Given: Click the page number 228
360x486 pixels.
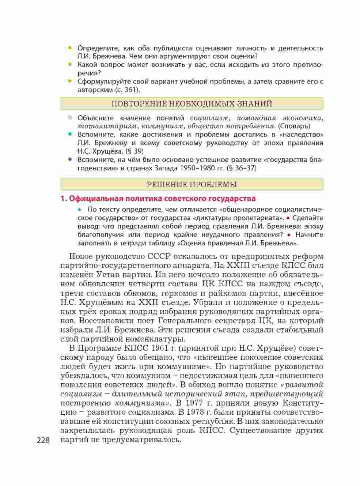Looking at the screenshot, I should pos(43,440).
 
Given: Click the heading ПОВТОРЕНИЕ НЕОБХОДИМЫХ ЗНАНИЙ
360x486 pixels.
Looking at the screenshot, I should pos(192,104).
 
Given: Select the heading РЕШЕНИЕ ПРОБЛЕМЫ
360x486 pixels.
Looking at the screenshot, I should pos(192,185).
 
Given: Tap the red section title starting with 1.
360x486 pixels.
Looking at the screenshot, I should pos(158,199).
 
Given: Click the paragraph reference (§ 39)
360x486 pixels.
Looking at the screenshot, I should pos(134,151).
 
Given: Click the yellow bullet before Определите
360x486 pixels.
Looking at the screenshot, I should pos(70,48).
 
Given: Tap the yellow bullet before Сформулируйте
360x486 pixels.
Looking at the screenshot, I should pos(70,82).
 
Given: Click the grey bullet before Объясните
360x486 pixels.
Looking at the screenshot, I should pos(70,118).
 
